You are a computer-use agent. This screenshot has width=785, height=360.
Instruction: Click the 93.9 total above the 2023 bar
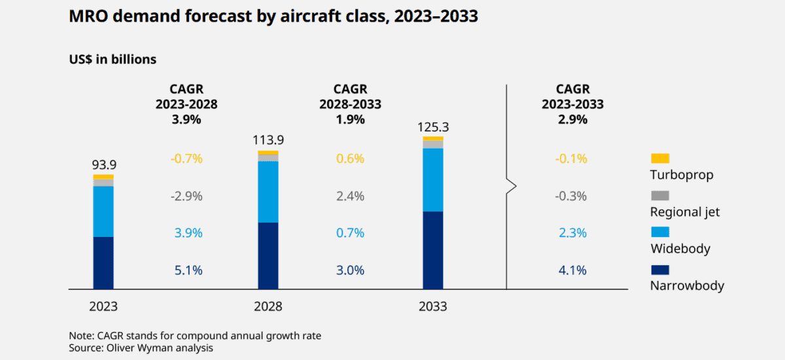click(x=103, y=164)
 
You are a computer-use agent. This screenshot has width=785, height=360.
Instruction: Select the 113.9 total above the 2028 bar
click(x=268, y=140)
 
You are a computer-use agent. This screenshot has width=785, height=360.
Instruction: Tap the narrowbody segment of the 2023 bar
click(x=103, y=262)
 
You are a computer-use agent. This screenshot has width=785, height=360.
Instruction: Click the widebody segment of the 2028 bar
click(x=268, y=192)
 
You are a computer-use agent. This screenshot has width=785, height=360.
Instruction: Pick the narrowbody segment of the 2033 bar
click(x=432, y=250)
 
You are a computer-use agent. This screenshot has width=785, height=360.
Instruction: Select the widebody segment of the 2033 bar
click(x=432, y=180)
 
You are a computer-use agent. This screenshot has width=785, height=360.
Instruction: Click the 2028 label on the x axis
click(x=268, y=306)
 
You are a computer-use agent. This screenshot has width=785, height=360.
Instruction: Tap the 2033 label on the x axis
click(x=432, y=306)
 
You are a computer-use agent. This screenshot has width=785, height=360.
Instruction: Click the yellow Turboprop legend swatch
click(x=660, y=158)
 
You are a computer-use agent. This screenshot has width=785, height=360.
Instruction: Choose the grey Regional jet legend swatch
click(x=660, y=196)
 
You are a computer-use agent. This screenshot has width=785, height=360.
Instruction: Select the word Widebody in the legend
click(x=680, y=249)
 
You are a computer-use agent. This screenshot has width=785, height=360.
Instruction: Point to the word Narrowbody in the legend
click(x=687, y=285)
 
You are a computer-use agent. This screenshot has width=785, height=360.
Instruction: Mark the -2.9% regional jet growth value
click(x=186, y=196)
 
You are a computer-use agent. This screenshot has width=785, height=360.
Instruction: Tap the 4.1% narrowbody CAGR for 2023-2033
click(x=572, y=270)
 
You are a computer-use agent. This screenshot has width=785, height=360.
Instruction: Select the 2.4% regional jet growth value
click(x=350, y=196)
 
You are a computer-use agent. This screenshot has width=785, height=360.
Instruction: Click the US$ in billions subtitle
click(x=113, y=60)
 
